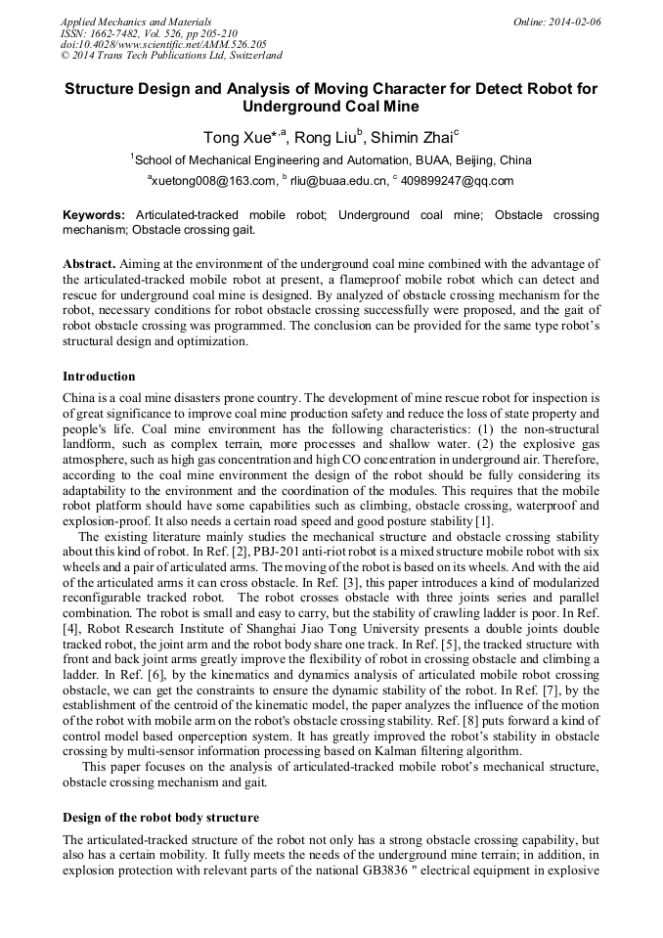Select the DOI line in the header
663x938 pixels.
click(x=163, y=45)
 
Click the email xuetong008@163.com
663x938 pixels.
click(x=213, y=181)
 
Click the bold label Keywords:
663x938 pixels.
click(x=94, y=214)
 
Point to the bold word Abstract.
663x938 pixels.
click(x=90, y=264)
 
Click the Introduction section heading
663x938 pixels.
click(x=99, y=377)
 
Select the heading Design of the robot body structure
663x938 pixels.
click(x=160, y=817)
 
